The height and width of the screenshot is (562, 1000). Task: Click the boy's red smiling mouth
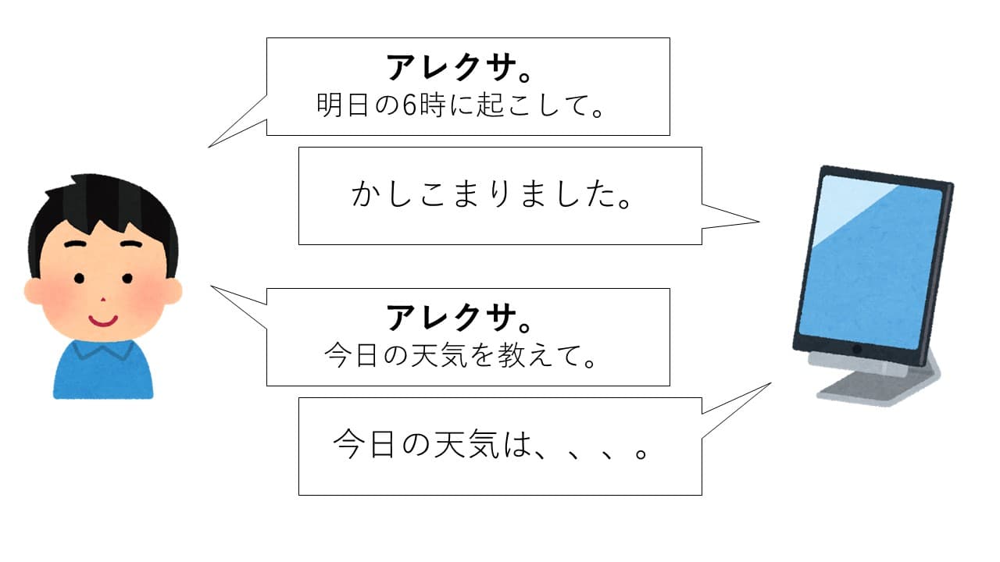tap(102, 319)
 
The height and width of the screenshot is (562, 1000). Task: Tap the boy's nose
tap(102, 300)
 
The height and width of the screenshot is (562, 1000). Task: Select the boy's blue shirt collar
tap(102, 352)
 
